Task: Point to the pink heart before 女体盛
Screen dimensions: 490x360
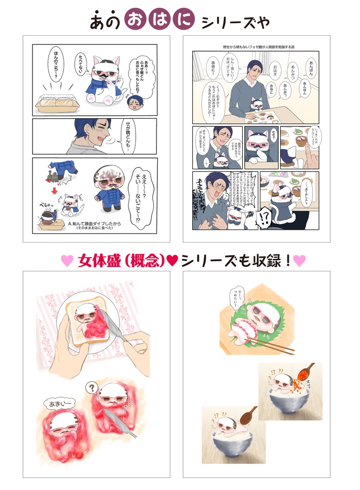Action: point(67,260)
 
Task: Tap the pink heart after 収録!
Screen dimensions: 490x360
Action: point(300,260)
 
